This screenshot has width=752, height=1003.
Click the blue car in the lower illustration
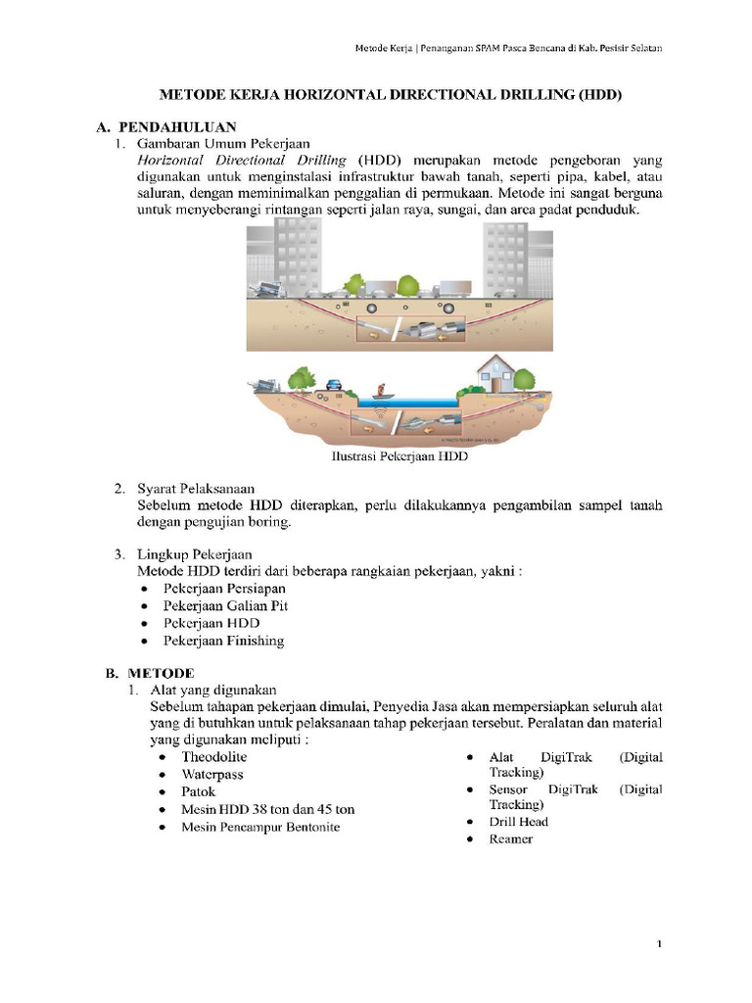333,385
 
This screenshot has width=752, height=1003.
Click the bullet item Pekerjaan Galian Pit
225,605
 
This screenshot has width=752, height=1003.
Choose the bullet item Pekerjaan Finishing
223,641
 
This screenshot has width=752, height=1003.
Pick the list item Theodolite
214,756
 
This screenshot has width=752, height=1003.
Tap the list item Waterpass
212,774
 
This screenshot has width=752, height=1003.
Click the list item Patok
199,791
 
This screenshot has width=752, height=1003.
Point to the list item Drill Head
519,822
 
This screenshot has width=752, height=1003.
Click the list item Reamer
511,839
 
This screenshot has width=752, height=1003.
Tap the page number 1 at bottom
660,944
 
